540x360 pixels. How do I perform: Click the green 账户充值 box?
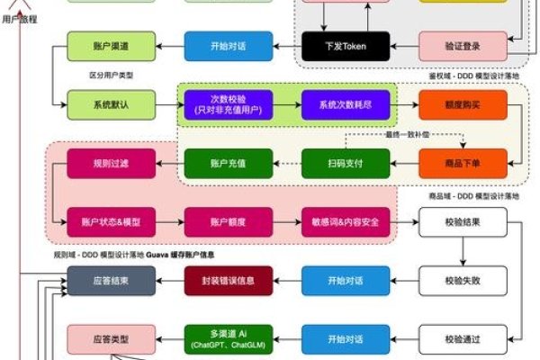point(216,163)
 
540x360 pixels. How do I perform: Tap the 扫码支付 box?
point(333,163)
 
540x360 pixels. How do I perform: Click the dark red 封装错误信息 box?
point(216,280)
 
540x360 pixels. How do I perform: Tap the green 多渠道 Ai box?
point(216,338)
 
